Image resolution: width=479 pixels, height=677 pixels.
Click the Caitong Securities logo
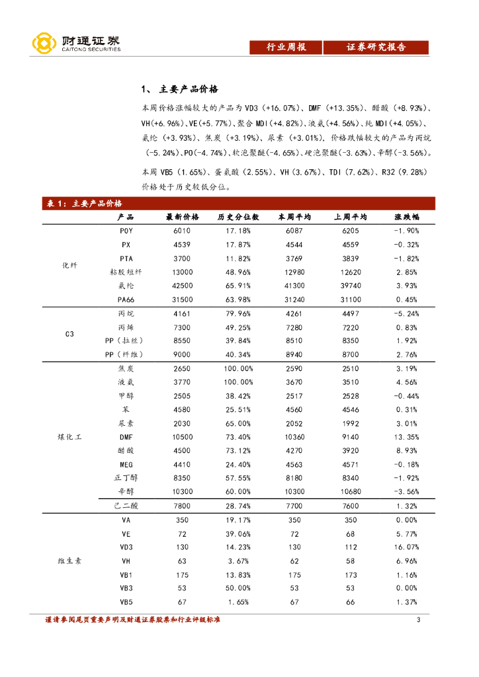point(76,43)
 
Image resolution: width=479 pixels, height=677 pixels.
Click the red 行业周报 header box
point(286,47)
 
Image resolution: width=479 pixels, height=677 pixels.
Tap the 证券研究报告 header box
point(376,47)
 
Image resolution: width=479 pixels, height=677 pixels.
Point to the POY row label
point(126,231)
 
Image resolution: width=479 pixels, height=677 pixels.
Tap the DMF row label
point(126,437)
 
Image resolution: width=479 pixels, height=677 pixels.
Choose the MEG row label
point(126,464)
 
